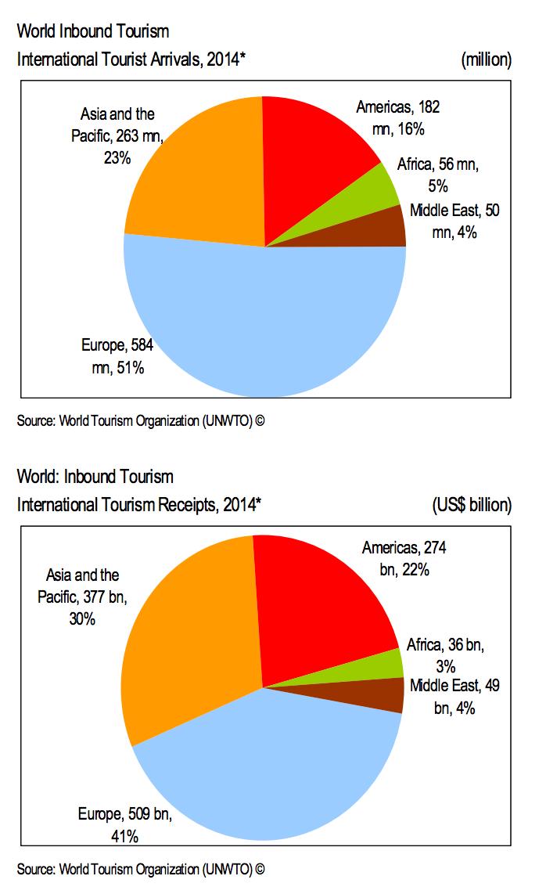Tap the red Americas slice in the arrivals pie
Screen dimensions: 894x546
[x=313, y=157]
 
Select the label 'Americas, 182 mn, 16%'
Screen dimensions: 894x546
[x=403, y=117]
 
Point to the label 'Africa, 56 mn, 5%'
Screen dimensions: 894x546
[x=437, y=175]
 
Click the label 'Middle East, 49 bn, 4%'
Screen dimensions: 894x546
[x=454, y=697]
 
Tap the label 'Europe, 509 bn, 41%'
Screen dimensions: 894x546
[x=124, y=824]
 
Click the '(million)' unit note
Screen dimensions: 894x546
[x=487, y=59]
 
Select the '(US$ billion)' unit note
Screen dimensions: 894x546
[x=472, y=505]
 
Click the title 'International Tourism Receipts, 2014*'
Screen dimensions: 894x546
[x=139, y=505]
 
